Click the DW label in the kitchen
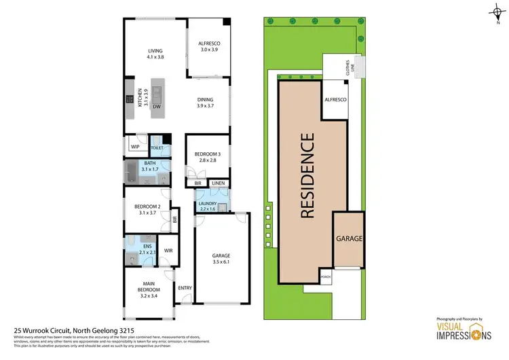point(156,107)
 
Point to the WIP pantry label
point(135,146)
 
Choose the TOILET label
point(157,146)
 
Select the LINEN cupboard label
point(218,183)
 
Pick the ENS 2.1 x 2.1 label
point(147,249)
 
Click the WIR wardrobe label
point(168,251)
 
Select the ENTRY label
point(184,288)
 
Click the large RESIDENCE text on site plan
point(307,175)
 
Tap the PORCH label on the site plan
point(326,277)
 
